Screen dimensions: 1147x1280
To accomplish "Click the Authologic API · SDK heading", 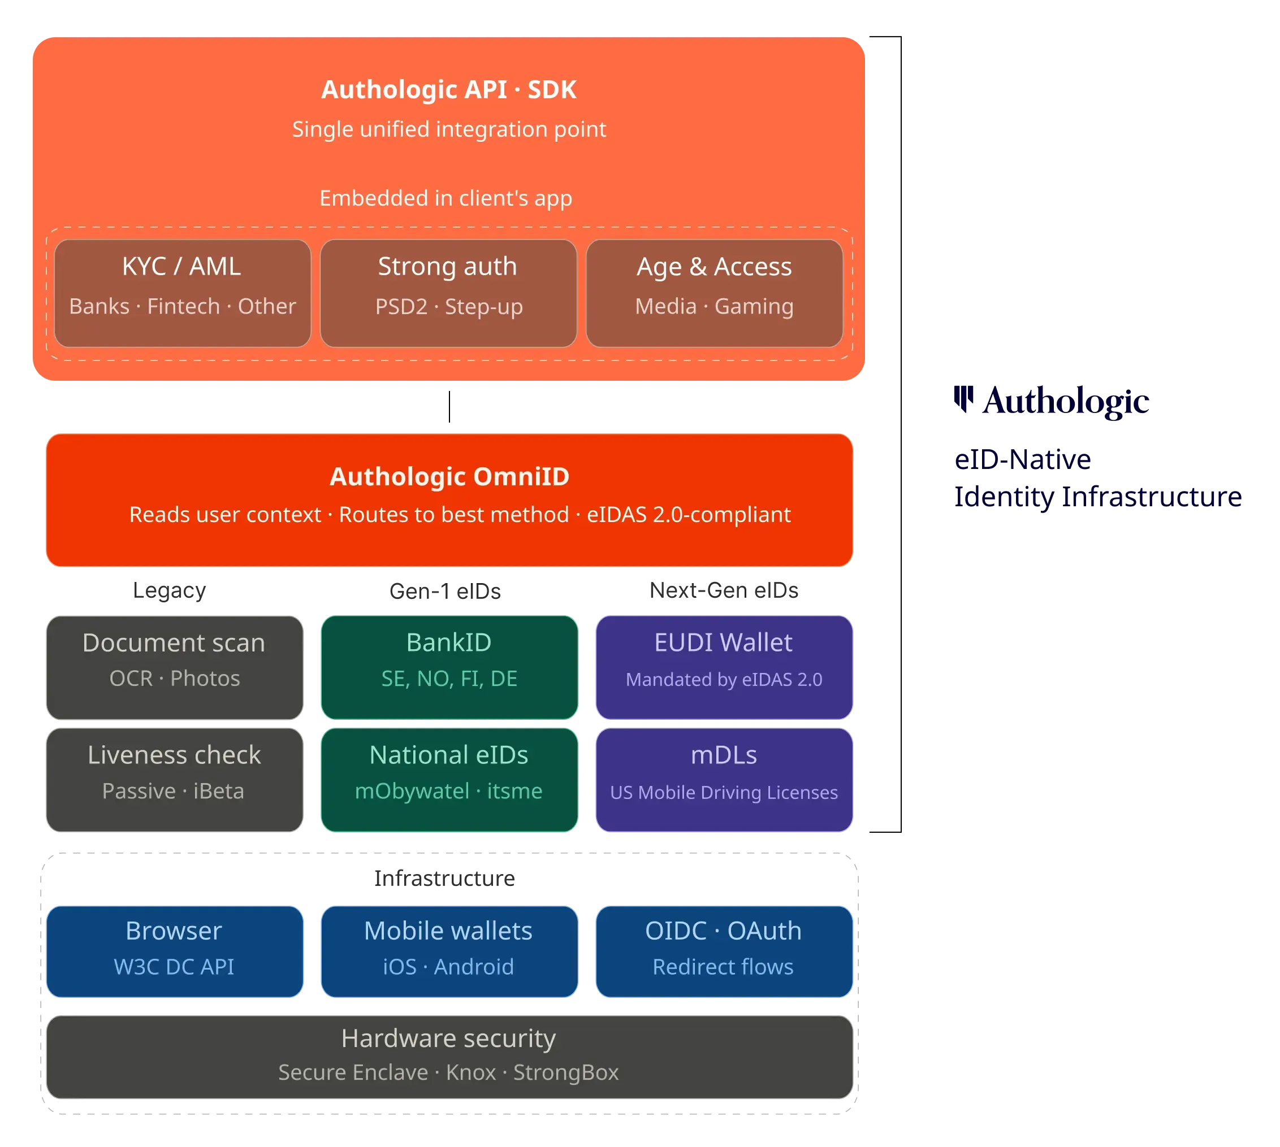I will (x=448, y=89).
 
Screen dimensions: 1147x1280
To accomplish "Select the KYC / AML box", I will (x=182, y=293).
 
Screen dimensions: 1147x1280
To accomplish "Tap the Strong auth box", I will (x=448, y=293).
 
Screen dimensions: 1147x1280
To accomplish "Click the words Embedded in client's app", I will (x=446, y=198).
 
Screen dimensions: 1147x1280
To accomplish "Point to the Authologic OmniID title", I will (x=449, y=476).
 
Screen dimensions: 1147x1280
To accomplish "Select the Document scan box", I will (x=175, y=667).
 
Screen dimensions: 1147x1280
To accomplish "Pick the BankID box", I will (x=449, y=667).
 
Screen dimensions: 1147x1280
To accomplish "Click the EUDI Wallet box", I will (x=724, y=667).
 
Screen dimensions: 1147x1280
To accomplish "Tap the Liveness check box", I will (x=175, y=780).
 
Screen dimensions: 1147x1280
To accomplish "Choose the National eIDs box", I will (x=449, y=780).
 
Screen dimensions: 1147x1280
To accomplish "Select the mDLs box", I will (x=724, y=780).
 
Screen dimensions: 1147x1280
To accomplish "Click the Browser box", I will (x=175, y=950).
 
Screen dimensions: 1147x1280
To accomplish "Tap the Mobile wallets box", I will (x=449, y=950).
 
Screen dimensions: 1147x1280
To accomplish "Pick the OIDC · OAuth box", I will (x=724, y=950).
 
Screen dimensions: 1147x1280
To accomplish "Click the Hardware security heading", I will (x=448, y=1038).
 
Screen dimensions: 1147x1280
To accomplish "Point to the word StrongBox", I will (x=565, y=1072).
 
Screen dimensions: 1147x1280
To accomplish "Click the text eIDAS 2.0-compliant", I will (x=689, y=515).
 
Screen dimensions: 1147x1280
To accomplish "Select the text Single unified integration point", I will (x=449, y=129).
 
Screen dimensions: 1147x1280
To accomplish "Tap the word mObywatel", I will (x=412, y=791).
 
